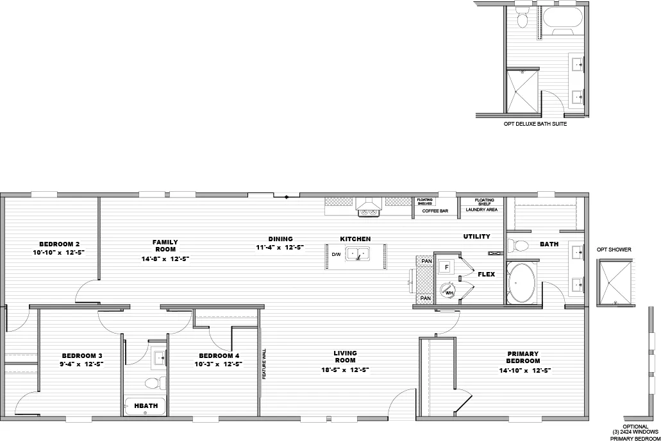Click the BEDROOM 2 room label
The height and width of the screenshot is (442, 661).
click(x=59, y=244)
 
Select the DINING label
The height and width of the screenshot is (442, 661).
click(x=280, y=239)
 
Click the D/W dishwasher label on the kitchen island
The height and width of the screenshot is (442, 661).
click(x=337, y=254)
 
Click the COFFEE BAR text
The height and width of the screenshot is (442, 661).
click(x=435, y=210)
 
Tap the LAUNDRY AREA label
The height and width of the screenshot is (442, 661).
click(x=481, y=210)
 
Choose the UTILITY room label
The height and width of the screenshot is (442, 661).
click(x=476, y=237)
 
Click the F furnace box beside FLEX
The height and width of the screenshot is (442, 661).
click(x=447, y=266)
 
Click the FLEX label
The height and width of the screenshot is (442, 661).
click(x=486, y=275)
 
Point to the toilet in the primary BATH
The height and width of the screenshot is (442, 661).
click(x=517, y=245)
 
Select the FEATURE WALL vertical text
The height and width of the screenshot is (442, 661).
click(x=264, y=364)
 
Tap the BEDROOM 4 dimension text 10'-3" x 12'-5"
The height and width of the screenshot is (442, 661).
click(x=219, y=364)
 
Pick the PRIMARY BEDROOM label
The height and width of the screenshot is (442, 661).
click(x=523, y=357)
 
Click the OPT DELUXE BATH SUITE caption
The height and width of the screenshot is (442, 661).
click(x=535, y=124)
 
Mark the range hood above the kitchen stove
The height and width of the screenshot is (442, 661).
click(x=369, y=206)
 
